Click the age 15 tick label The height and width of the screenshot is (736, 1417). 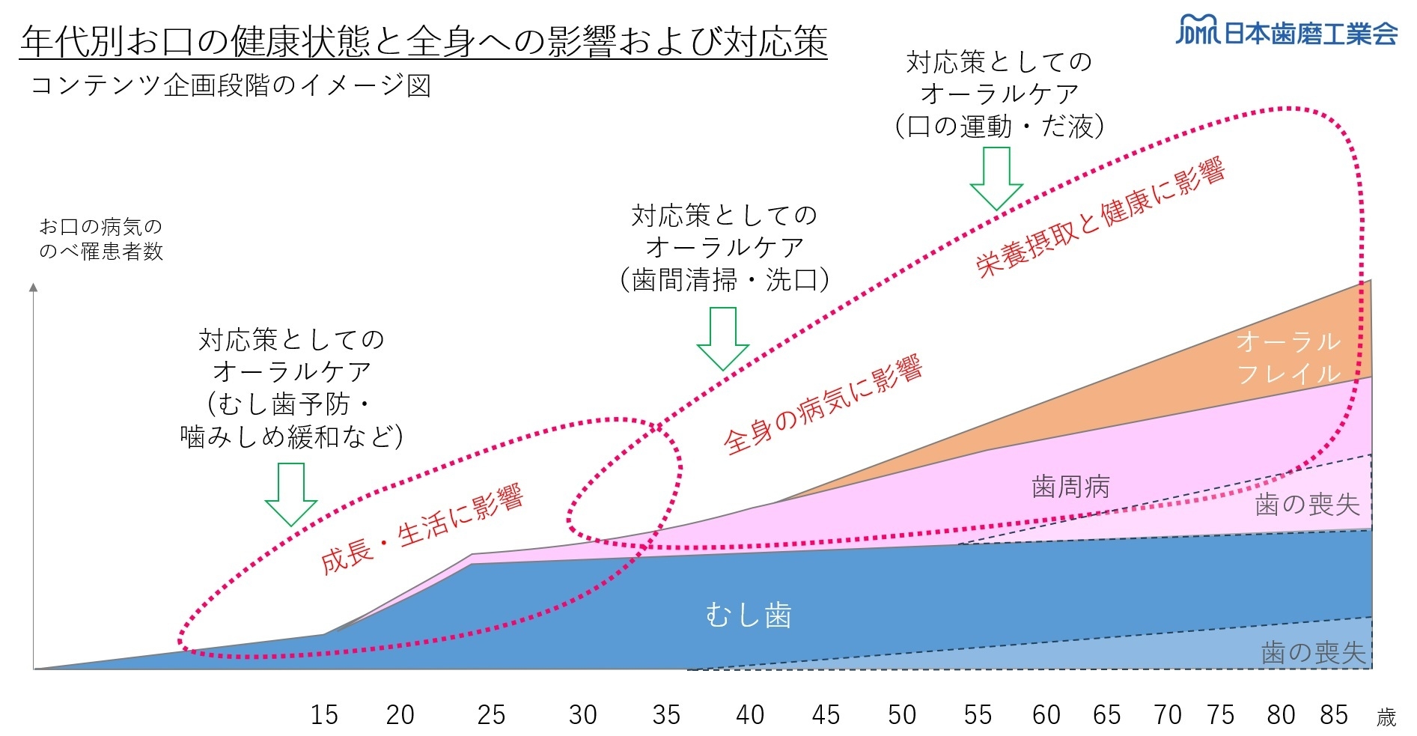click(324, 715)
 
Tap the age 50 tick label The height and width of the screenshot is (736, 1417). click(902, 715)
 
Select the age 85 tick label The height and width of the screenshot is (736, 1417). click(1334, 715)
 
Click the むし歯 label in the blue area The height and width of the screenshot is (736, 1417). click(749, 615)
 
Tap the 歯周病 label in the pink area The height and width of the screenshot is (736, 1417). click(1070, 487)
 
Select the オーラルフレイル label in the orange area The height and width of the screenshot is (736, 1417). click(1288, 357)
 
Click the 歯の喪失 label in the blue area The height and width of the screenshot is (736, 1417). click(1314, 653)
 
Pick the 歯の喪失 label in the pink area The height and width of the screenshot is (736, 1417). click(1307, 505)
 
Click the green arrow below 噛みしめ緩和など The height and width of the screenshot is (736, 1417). click(291, 494)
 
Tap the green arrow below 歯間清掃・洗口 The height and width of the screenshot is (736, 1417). click(722, 339)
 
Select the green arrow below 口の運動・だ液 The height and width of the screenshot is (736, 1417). click(996, 178)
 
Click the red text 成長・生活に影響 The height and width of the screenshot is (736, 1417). click(421, 529)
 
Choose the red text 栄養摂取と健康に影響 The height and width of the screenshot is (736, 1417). click(1100, 218)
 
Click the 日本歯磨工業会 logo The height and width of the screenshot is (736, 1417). click(1286, 32)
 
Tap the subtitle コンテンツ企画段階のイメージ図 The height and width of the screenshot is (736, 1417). click(230, 85)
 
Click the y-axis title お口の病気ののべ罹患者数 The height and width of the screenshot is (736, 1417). click(100, 239)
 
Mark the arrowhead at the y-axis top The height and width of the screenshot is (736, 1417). click(33, 287)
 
